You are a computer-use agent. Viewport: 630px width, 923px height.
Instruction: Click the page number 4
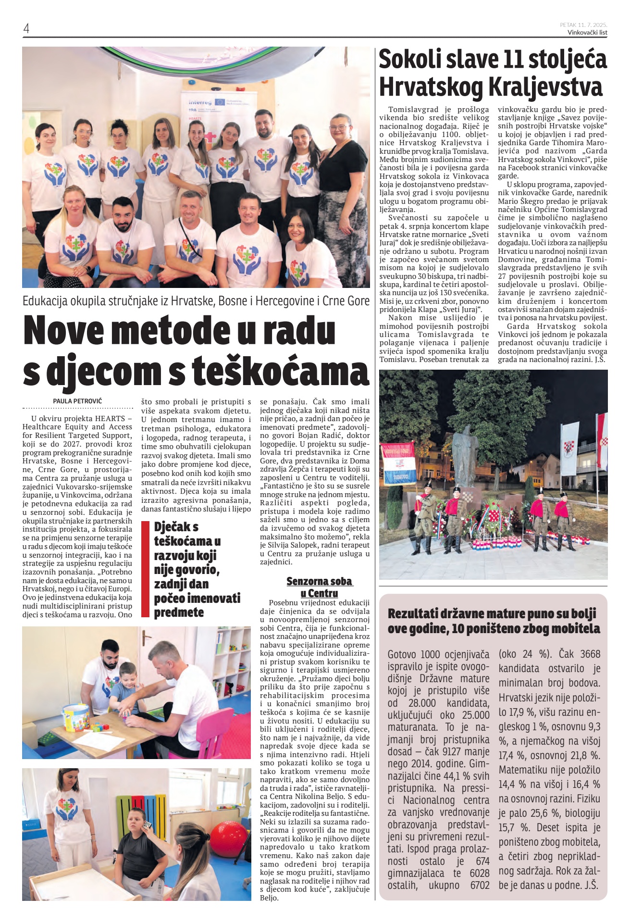point(26,28)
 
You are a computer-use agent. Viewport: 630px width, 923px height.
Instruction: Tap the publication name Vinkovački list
point(587,32)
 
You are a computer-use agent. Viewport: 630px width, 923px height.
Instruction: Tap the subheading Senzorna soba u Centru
point(319,587)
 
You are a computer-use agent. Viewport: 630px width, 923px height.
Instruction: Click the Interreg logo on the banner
point(200,102)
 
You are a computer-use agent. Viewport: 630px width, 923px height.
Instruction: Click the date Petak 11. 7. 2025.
point(583,25)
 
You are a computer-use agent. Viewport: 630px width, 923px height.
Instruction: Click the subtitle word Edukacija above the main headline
point(45,301)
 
